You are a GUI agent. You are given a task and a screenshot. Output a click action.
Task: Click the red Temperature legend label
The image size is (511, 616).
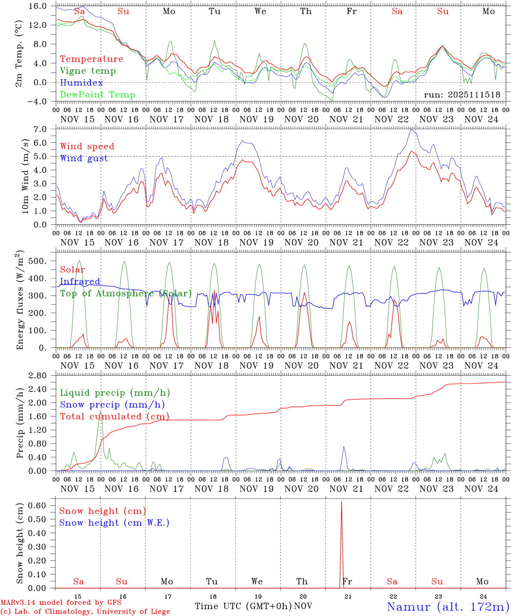click(x=92, y=59)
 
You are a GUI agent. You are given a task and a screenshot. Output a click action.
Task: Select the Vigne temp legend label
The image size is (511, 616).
click(x=88, y=71)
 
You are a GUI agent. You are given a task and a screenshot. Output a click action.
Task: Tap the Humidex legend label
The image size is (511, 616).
click(x=81, y=83)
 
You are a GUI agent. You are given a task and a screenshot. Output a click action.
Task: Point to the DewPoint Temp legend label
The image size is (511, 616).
click(x=98, y=95)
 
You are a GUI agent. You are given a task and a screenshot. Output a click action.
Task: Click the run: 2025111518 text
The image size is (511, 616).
click(x=462, y=95)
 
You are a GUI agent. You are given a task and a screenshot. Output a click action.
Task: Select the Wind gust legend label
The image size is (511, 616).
click(x=84, y=158)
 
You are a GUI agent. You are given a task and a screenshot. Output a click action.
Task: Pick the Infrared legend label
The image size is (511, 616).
click(x=80, y=281)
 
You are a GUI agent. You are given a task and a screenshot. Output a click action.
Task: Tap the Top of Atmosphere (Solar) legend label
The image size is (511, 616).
click(x=126, y=293)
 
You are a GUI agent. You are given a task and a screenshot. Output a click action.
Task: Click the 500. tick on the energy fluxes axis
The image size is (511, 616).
click(x=43, y=261)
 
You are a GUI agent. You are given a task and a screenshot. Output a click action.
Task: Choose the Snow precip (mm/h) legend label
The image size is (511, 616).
click(x=112, y=405)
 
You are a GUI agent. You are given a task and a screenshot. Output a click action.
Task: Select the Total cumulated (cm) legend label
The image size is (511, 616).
click(x=114, y=417)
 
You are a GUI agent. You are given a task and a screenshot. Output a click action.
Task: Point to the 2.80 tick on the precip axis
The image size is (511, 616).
click(x=43, y=376)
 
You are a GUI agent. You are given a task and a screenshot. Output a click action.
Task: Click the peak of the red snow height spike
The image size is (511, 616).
click(x=341, y=502)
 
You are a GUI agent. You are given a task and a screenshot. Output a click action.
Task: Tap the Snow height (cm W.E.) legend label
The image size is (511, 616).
click(x=114, y=523)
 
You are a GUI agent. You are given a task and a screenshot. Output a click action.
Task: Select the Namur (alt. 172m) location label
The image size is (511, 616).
click(x=448, y=607)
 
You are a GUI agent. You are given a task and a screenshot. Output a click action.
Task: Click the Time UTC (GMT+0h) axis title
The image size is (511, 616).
click(x=244, y=606)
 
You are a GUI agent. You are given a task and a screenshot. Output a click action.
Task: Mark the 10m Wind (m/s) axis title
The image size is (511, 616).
click(x=25, y=177)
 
